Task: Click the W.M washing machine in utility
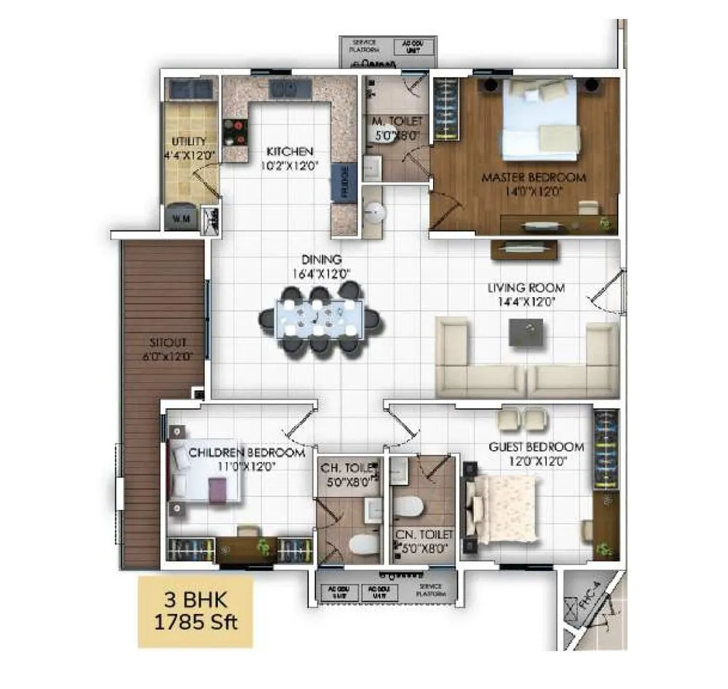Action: [x=181, y=216]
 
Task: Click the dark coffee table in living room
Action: [x=526, y=332]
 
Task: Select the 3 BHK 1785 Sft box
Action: [x=195, y=613]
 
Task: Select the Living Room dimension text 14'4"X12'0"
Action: [x=526, y=301]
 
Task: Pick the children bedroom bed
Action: [x=205, y=472]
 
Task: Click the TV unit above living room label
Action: [x=524, y=249]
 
